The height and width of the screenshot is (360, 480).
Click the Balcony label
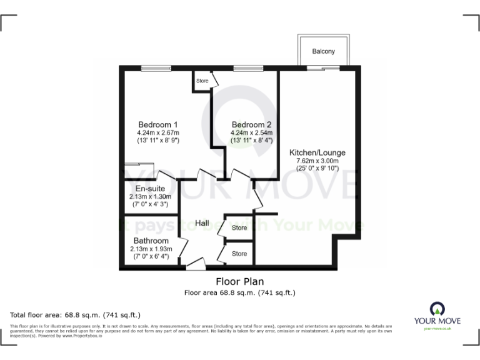[324, 51]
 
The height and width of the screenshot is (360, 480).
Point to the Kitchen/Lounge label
[317, 152]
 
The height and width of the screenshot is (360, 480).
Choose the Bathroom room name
[151, 241]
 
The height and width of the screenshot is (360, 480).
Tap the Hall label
[202, 223]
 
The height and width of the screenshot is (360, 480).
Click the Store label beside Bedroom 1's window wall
[202, 81]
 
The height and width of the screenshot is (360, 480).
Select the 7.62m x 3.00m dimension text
[317, 161]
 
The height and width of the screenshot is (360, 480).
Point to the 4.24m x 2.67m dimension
[158, 132]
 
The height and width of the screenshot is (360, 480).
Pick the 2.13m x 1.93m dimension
[151, 249]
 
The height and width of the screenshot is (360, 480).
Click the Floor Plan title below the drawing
[239, 281]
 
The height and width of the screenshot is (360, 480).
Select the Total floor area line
[76, 314]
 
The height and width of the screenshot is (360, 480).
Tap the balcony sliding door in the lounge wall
[323, 67]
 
